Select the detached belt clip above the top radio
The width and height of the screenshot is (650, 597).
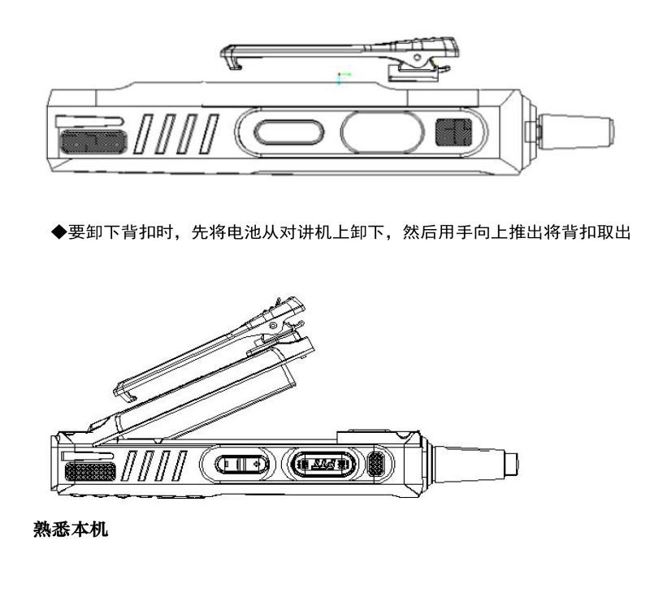(x=339, y=58)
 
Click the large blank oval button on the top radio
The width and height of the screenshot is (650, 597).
(x=382, y=132)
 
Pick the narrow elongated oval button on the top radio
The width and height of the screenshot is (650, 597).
(x=288, y=132)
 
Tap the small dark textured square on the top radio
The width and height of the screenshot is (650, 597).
(x=453, y=132)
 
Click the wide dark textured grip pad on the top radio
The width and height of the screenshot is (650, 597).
(x=93, y=141)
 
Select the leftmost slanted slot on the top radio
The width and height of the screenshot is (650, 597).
(x=144, y=134)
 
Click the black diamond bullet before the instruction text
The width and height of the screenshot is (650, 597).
(x=58, y=231)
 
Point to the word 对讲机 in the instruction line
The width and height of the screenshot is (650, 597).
(x=306, y=232)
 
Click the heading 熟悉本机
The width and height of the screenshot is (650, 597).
(x=71, y=529)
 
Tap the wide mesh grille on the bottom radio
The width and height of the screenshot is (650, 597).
(x=90, y=472)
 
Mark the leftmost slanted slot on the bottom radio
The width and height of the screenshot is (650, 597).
(x=129, y=466)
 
